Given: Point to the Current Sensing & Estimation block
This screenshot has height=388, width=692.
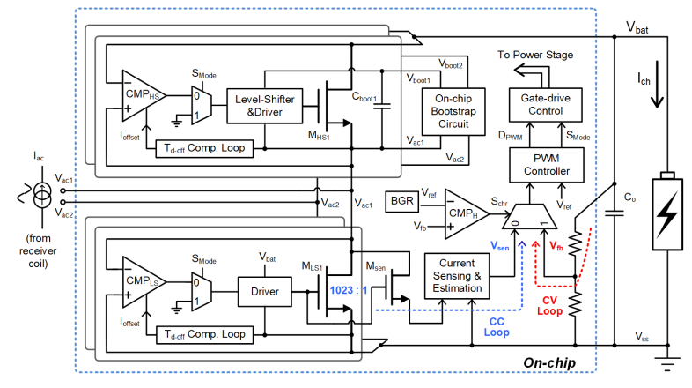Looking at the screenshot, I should tap(457, 272).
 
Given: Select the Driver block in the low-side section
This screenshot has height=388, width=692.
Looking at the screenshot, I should tap(265, 291).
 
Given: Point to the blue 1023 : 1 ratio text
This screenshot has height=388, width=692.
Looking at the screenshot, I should tap(348, 291).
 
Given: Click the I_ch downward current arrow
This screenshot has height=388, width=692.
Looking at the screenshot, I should tap(653, 91).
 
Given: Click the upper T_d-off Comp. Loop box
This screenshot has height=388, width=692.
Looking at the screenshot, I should tap(204, 146).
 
